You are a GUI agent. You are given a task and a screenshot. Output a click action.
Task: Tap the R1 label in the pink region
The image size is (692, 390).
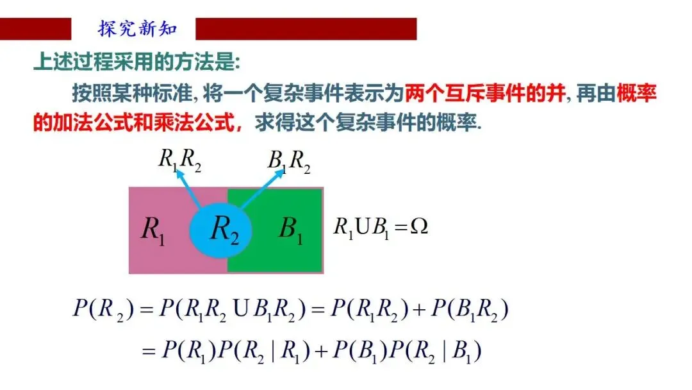coord(152,229)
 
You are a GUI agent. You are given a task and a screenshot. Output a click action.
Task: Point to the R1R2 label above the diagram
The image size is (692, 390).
coord(179,160)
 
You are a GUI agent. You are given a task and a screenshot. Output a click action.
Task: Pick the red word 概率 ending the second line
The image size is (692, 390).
coord(638,94)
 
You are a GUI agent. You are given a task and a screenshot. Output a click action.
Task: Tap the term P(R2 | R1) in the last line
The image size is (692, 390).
coord(270,350)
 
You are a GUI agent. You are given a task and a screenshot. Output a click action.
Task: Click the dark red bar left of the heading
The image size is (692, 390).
coord(35,29)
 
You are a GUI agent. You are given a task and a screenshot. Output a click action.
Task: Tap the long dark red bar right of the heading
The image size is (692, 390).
coord(306,29)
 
